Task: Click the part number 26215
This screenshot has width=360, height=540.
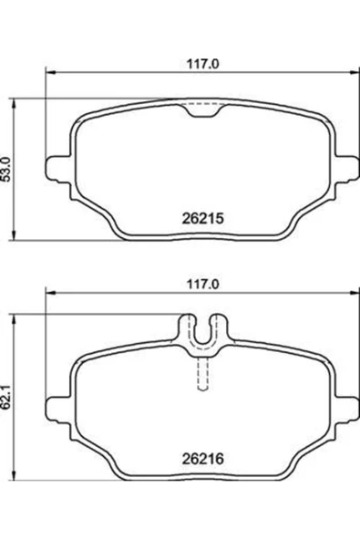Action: pos(202,218)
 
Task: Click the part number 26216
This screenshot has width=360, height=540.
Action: pos(202,459)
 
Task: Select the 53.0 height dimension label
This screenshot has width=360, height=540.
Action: pos(6,169)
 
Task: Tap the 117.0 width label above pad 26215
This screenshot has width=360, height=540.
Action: pos(202,64)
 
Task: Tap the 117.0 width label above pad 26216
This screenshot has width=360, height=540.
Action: pos(202,284)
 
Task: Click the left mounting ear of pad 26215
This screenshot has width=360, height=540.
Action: pos(59,169)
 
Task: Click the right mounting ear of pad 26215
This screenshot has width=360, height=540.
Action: pos(346,169)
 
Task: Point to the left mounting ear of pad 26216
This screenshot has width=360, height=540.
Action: pos(59,409)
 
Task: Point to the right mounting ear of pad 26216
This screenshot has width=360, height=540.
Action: pos(346,409)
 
